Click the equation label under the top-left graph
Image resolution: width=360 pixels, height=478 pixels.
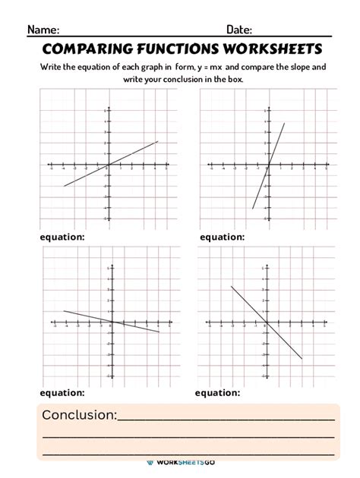click(x=62, y=237)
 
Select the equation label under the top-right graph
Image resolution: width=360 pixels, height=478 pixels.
click(x=222, y=237)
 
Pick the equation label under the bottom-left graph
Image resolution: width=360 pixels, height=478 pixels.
click(x=62, y=392)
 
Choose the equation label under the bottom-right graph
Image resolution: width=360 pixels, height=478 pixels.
click(x=217, y=392)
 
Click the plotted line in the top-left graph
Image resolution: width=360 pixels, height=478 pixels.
click(x=133, y=153)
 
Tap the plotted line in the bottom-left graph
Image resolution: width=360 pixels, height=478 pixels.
click(x=137, y=327)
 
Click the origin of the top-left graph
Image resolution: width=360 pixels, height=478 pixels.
click(x=109, y=164)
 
